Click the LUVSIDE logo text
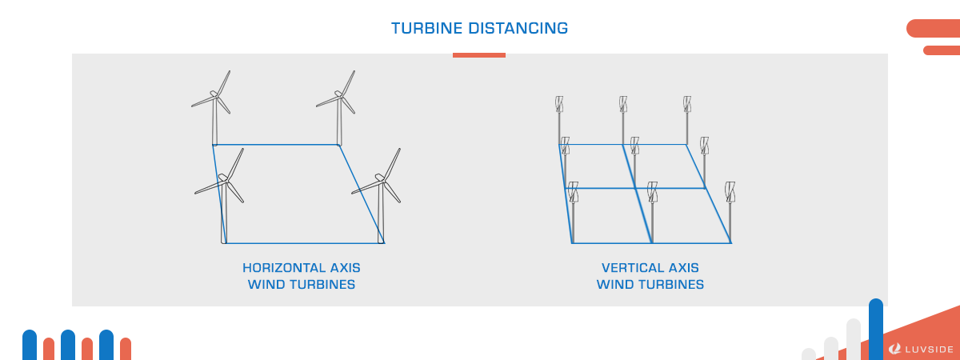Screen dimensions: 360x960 [x=929, y=350]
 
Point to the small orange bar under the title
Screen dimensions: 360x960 [x=479, y=55]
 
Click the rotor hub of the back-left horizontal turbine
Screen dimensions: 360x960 [x=214, y=95]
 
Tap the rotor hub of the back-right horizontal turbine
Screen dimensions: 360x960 [x=339, y=95]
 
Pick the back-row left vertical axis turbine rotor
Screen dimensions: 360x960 [x=559, y=104]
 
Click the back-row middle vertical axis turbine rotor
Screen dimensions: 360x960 [x=622, y=104]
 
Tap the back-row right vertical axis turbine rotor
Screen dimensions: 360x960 [x=687, y=104]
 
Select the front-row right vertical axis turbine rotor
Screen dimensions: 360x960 [x=730, y=192]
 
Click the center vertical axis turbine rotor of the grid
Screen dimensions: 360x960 [x=634, y=146]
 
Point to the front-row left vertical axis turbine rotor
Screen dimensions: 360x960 [x=573, y=192]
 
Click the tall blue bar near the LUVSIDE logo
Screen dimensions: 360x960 [x=876, y=329]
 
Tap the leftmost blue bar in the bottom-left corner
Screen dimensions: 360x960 [x=30, y=345]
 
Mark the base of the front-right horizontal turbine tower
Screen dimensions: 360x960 [x=382, y=241]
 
